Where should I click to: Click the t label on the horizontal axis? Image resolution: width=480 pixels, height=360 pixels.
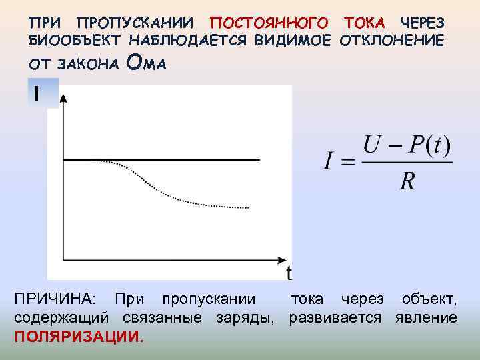(x=289, y=273)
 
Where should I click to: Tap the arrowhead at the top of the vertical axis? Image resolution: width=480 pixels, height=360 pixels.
(x=63, y=98)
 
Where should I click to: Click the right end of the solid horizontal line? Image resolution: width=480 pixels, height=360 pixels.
(x=259, y=160)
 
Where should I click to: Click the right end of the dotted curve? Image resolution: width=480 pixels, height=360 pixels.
(x=249, y=208)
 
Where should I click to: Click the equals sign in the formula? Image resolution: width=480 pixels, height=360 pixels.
(x=347, y=163)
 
